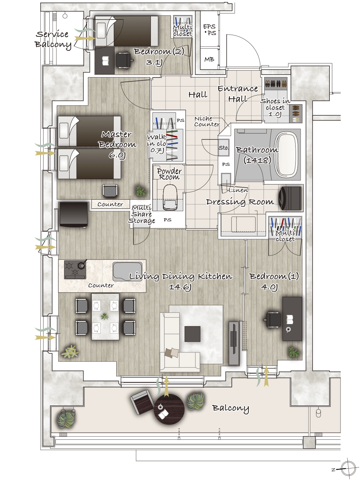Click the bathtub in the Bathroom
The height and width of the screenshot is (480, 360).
tap(287, 155)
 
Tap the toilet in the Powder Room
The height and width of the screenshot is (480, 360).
tap(170, 197)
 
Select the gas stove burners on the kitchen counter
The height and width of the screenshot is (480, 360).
tap(75, 269)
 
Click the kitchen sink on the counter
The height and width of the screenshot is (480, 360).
tap(127, 271)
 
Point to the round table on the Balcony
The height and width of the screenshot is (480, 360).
tap(169, 409)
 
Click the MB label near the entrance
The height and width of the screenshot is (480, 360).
tap(209, 59)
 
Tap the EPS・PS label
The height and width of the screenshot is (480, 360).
tap(209, 30)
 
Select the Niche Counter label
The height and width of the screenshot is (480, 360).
tap(207, 121)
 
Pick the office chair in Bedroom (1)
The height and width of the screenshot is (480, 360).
tap(273, 320)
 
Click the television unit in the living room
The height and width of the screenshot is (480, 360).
tap(234, 343)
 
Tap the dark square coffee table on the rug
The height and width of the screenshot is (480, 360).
tap(192, 334)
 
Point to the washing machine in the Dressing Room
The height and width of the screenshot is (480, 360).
tap(291, 198)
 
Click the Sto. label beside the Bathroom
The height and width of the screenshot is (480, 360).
tap(224, 148)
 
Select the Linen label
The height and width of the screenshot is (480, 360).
tap(238, 190)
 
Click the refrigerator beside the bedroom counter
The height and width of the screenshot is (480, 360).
tap(73, 214)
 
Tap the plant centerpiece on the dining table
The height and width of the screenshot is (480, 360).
tap(105, 316)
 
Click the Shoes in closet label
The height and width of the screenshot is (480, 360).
tap(275, 107)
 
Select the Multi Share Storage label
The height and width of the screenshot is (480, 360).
tap(141, 214)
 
